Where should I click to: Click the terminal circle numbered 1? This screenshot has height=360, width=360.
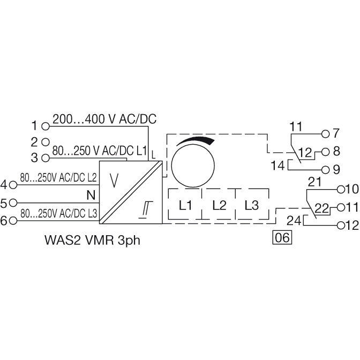point(46,126)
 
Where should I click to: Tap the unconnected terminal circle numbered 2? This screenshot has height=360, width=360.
point(46,142)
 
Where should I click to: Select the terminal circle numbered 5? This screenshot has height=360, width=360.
point(13,202)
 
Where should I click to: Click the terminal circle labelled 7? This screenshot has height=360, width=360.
point(325,134)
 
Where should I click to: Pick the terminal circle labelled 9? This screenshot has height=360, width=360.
point(325,170)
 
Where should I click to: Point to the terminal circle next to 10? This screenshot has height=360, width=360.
point(341,190)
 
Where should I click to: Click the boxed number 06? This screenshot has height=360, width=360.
point(282,237)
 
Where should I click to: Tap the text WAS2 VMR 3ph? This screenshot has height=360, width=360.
point(92,241)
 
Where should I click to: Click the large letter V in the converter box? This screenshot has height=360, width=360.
point(114,181)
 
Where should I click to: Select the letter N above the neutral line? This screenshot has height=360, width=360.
point(91,196)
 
